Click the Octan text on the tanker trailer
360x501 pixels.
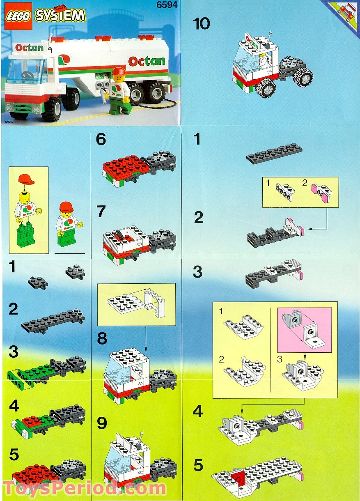pyautogui.click(x=147, y=61)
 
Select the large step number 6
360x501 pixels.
pyautogui.click(x=101, y=140)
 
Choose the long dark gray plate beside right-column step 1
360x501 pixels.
pyautogui.click(x=274, y=153)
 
